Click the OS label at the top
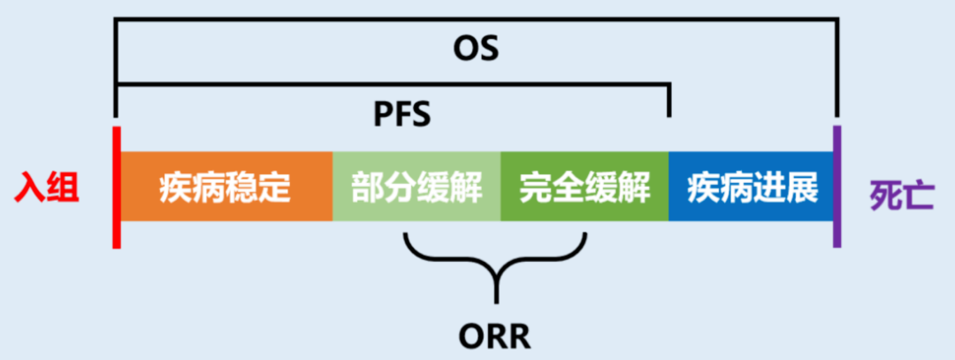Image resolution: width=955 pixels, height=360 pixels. tap(476, 49)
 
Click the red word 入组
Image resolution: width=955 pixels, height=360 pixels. tap(47, 189)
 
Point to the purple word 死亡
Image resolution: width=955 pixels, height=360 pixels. tap(901, 192)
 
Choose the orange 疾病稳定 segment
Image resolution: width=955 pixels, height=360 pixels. tap(225, 188)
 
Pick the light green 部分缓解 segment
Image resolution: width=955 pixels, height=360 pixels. tap(416, 188)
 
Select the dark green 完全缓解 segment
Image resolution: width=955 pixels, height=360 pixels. tap(584, 188)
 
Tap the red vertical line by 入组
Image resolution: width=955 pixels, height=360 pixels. tap(116, 188)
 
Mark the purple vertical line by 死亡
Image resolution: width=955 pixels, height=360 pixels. tap(837, 188)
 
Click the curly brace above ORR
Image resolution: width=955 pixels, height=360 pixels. tap(496, 261)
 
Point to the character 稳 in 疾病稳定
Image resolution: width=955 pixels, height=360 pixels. tap(241, 188)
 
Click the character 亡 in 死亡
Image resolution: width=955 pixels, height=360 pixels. tap(918, 192)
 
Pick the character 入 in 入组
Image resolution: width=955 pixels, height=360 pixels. tap(30, 189)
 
